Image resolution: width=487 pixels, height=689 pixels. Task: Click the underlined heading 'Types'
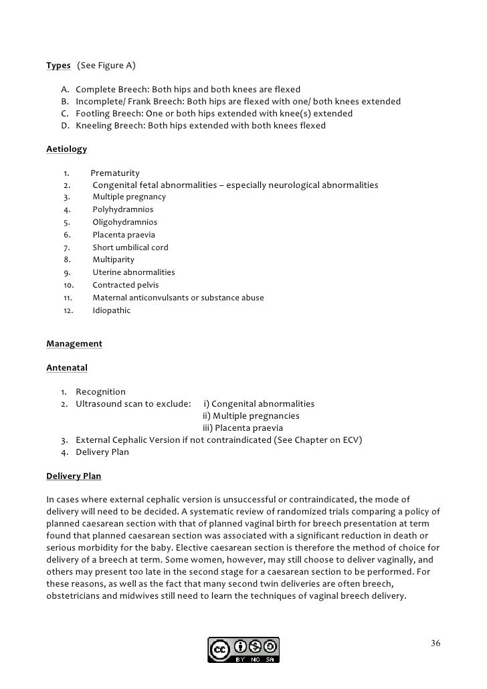coord(58,66)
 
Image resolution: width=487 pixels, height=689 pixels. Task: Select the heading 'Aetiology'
coord(66,149)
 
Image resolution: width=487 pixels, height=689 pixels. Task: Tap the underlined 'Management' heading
coord(74,344)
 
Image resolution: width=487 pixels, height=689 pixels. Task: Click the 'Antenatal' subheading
coord(66,368)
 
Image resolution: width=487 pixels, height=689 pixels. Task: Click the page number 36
coord(435,644)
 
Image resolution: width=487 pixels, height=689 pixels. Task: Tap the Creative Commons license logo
coord(243,650)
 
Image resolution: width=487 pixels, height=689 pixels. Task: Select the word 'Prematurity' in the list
coord(115,173)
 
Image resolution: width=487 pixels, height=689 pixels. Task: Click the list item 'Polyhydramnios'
coord(122,209)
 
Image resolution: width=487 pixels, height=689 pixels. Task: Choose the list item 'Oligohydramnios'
coord(124,222)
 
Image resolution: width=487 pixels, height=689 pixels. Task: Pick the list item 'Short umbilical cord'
coord(130,248)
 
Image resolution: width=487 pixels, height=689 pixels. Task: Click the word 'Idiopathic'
coord(112,310)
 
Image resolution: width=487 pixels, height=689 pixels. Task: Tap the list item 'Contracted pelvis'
coord(126,285)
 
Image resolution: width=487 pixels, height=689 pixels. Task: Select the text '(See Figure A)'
coord(106,66)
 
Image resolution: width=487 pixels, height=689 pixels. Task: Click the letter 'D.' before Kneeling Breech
coord(65,126)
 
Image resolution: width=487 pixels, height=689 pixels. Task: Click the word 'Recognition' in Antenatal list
coord(100,392)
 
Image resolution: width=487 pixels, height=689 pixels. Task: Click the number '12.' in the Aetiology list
coord(68,310)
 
